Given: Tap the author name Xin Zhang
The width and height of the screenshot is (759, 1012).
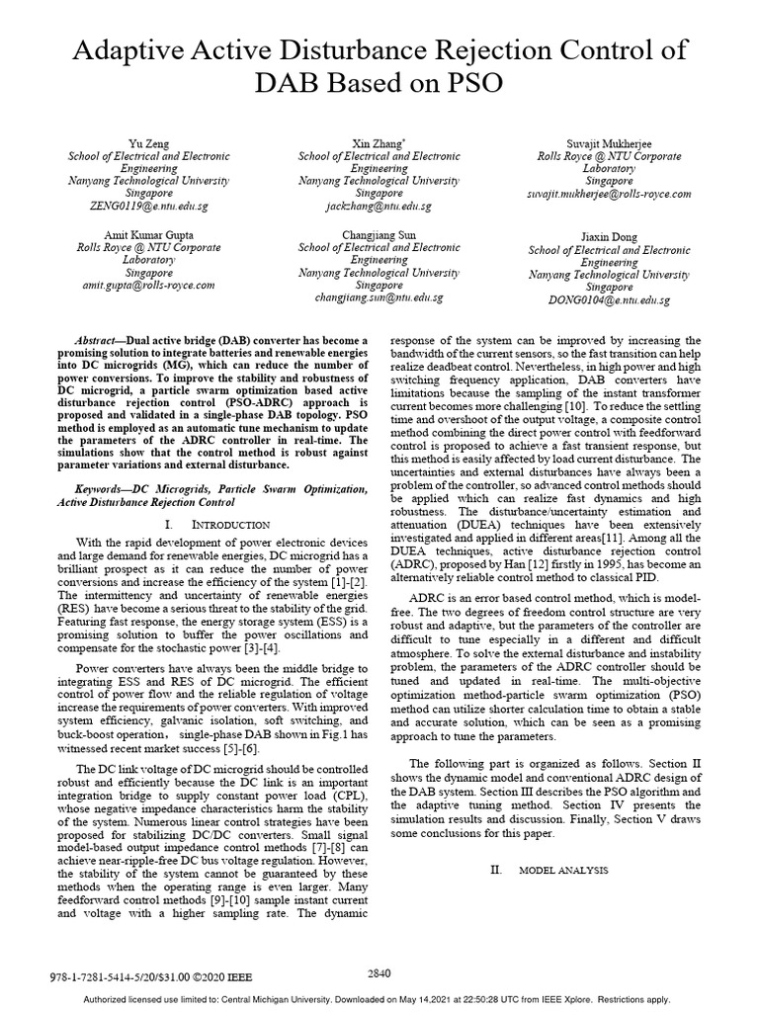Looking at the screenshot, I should pos(379,143).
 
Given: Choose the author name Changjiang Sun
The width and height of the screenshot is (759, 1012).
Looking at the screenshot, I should pos(379,235).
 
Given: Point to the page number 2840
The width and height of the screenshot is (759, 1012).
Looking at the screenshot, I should pos(379,972).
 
